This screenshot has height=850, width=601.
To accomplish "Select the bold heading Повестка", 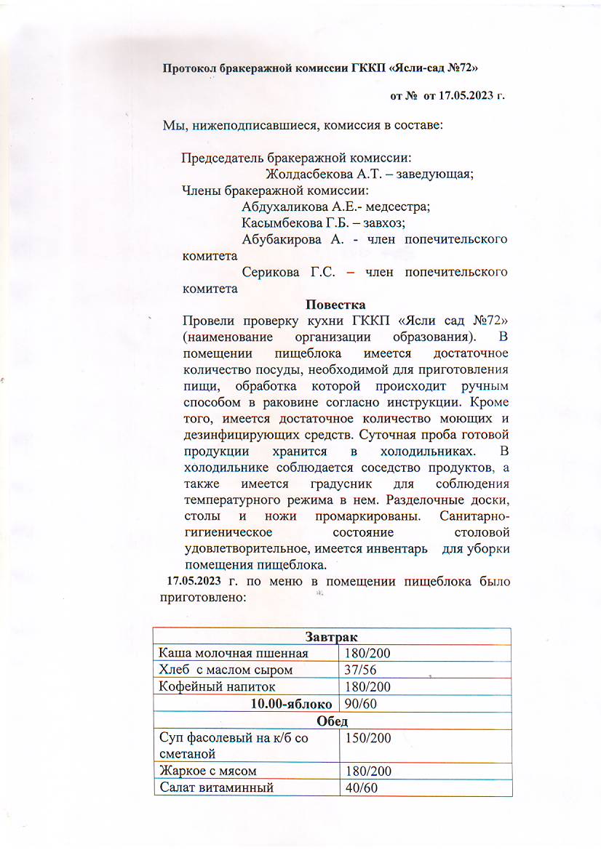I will (335, 304).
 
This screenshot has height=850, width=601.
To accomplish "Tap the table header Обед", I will (333, 721).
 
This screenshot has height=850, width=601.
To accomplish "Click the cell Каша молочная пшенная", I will (234, 654).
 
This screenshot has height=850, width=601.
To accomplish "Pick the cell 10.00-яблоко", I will (292, 704).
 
